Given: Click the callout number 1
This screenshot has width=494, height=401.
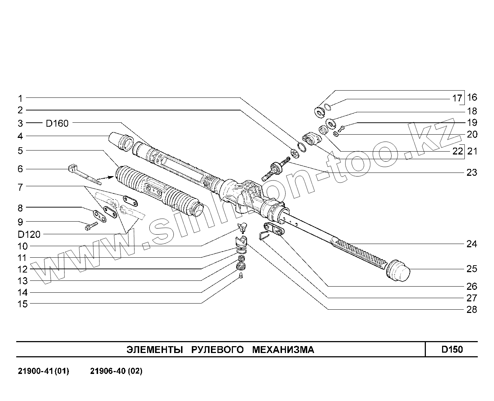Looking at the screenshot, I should point(21,98).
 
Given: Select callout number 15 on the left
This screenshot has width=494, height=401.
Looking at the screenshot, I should point(22,304).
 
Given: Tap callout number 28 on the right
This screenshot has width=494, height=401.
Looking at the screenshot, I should point(472,309).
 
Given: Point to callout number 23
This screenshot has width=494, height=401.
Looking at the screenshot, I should point(472,173).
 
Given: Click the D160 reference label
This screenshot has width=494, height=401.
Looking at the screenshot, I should point(57,123).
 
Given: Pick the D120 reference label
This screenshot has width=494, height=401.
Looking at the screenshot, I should point(29,235).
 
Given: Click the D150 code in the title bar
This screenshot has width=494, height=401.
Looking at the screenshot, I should point(452,349).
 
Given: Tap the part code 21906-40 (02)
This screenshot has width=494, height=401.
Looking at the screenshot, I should point(116,371).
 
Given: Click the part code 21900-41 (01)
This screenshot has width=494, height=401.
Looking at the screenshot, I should point(43,371).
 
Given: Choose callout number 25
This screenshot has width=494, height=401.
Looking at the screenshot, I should point(472,269).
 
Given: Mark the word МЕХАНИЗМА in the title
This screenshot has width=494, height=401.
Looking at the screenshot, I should point(283,349).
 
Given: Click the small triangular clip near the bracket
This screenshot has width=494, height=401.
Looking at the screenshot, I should point(264,235).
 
